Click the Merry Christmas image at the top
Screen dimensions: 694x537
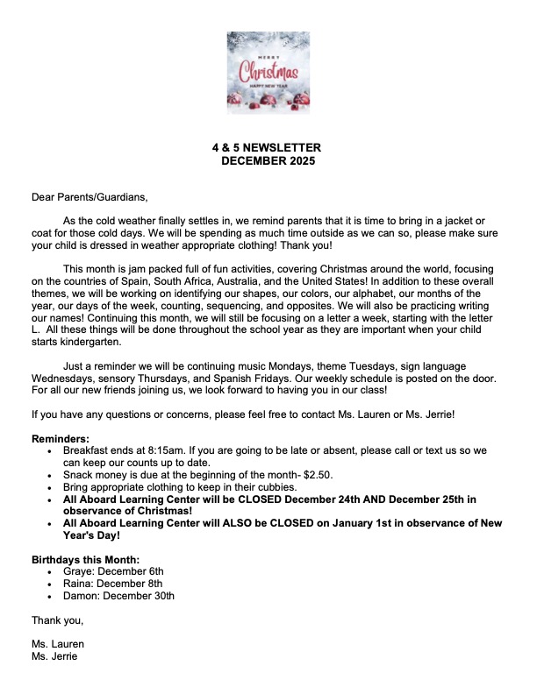pyautogui.click(x=268, y=73)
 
